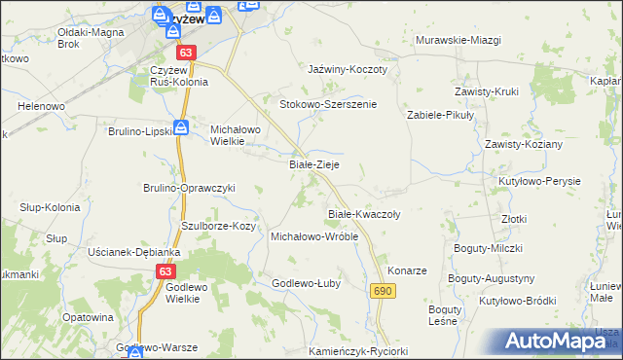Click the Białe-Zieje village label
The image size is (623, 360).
click(314, 165)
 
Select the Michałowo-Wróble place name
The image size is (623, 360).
click(314, 236)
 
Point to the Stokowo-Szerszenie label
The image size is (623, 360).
click(328, 103)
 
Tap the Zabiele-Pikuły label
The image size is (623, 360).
click(439, 114)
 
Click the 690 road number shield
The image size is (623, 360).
click(382, 291)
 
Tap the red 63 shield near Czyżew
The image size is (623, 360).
click(187, 52)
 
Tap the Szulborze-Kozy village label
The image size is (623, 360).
click(219, 226)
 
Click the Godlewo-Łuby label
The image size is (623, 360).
click(305, 283)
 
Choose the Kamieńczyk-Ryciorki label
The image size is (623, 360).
click(357, 350)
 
